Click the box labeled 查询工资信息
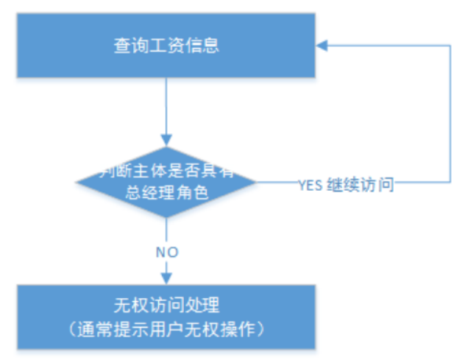click(167, 44)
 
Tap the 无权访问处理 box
click(167, 316)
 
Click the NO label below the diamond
click(167, 252)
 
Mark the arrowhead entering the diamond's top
click(167, 140)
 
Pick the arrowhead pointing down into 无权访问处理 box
click(167, 278)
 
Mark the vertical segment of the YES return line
click(450, 110)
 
